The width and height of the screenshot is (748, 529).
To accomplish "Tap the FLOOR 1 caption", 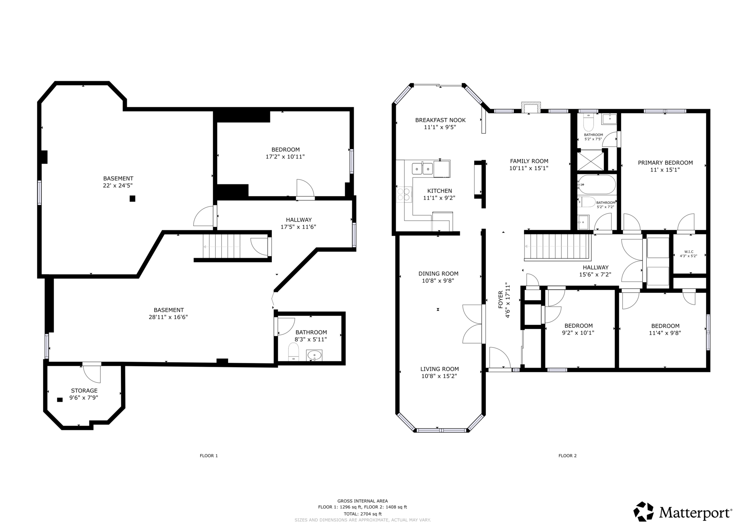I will (209, 456).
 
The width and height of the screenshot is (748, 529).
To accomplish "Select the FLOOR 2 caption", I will (567, 456).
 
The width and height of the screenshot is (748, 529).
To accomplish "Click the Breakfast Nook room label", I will (440, 120).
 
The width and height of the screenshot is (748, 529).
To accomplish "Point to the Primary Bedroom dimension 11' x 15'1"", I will (665, 170).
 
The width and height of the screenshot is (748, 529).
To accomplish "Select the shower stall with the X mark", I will (590, 160).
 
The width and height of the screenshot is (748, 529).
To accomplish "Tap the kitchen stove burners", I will (404, 194).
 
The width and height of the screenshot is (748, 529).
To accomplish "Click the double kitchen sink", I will (422, 169).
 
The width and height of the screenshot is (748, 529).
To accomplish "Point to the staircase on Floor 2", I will (557, 247).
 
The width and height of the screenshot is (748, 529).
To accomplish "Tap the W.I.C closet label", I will (688, 252).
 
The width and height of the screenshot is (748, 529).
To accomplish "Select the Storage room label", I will (84, 391).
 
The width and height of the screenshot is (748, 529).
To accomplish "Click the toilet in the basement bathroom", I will (294, 353).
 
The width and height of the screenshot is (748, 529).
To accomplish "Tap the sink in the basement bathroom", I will (314, 355).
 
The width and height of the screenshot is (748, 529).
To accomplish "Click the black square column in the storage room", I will (60, 400).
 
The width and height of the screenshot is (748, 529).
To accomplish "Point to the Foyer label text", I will (501, 300).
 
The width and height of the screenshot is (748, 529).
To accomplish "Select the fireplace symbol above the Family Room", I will (531, 108).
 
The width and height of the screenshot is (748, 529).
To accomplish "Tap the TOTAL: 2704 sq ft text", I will (362, 514).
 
